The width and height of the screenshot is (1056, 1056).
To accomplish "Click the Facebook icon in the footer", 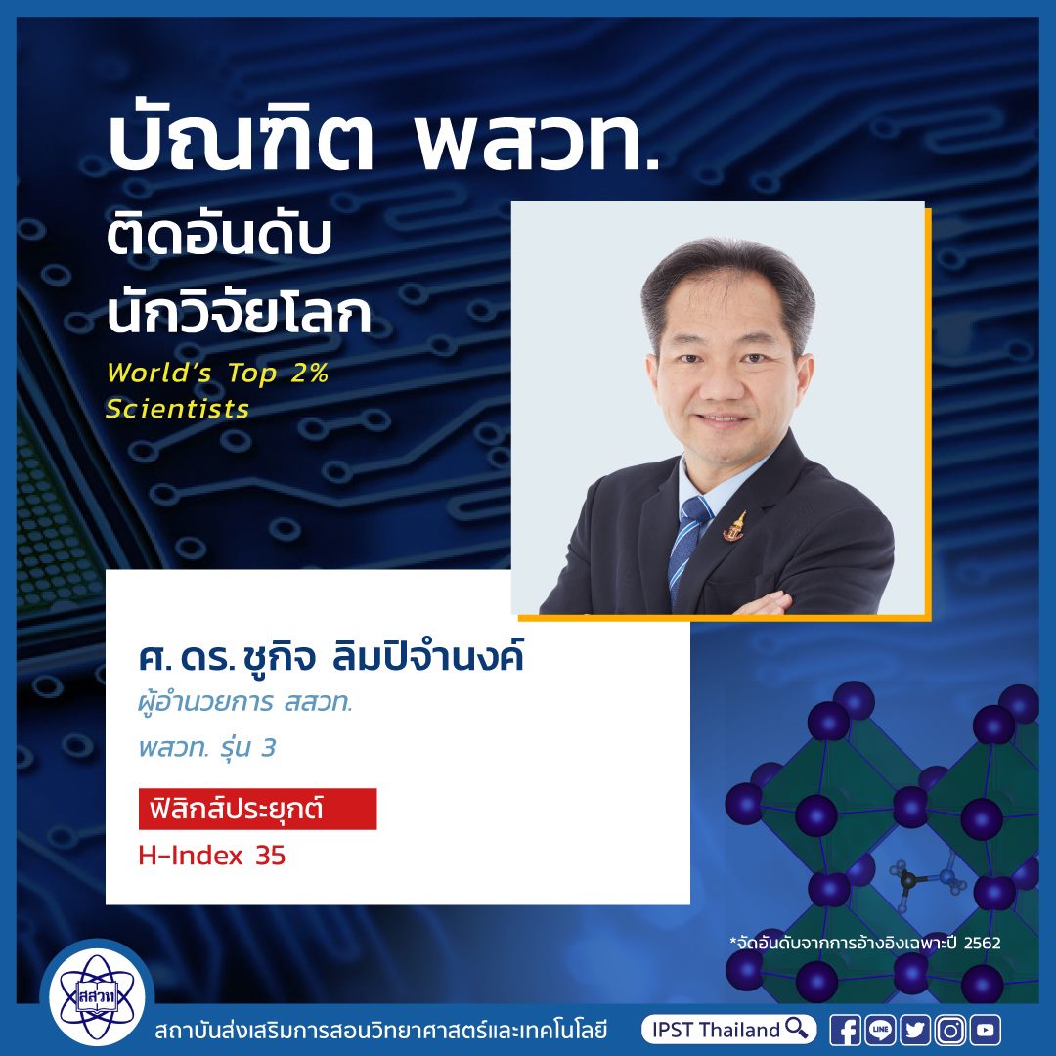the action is [x=845, y=1030].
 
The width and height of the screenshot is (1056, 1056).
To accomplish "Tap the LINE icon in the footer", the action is [x=880, y=1030].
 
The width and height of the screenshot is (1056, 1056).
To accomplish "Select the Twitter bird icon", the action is [x=915, y=1030].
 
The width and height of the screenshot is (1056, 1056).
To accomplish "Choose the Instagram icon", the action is [x=950, y=1030].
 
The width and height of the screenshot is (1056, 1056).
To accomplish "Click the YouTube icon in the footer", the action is [x=986, y=1030].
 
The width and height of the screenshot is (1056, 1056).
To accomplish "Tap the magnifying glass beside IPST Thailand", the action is [x=797, y=1029].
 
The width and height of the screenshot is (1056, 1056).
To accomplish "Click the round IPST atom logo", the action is [x=97, y=996].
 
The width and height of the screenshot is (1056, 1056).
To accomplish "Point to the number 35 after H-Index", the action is [x=271, y=856].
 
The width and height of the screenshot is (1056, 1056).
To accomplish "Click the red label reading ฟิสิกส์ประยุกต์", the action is [x=257, y=809].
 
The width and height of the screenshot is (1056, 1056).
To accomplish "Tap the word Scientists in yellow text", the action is [x=178, y=409].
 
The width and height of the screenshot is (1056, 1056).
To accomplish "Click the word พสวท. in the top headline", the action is [x=538, y=144].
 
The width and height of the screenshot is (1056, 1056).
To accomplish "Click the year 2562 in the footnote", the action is [x=982, y=943].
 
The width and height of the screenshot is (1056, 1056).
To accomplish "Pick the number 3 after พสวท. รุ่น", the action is [x=268, y=748].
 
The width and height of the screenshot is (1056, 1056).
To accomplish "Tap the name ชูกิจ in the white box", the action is [x=281, y=657].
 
